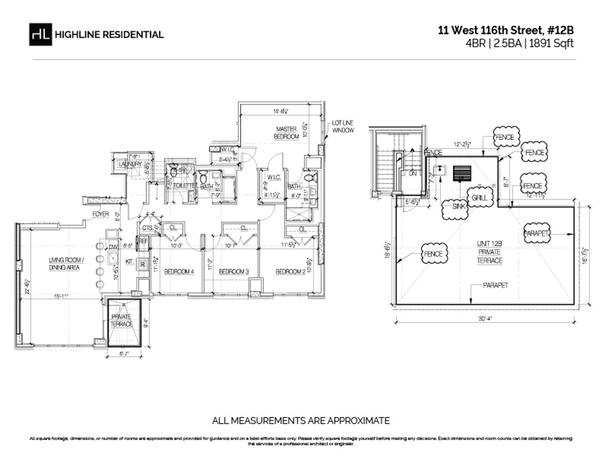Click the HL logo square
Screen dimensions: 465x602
(x=40, y=35)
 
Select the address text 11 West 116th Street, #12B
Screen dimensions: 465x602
(x=505, y=31)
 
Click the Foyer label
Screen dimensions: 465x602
(x=100, y=214)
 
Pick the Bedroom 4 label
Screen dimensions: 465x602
(x=180, y=271)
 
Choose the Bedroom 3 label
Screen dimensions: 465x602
(x=234, y=271)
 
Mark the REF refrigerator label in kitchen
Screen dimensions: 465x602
(x=143, y=241)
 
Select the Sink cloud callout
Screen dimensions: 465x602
(x=455, y=210)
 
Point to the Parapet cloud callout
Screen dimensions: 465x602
(x=537, y=233)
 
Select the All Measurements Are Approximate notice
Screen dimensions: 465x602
(x=301, y=420)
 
